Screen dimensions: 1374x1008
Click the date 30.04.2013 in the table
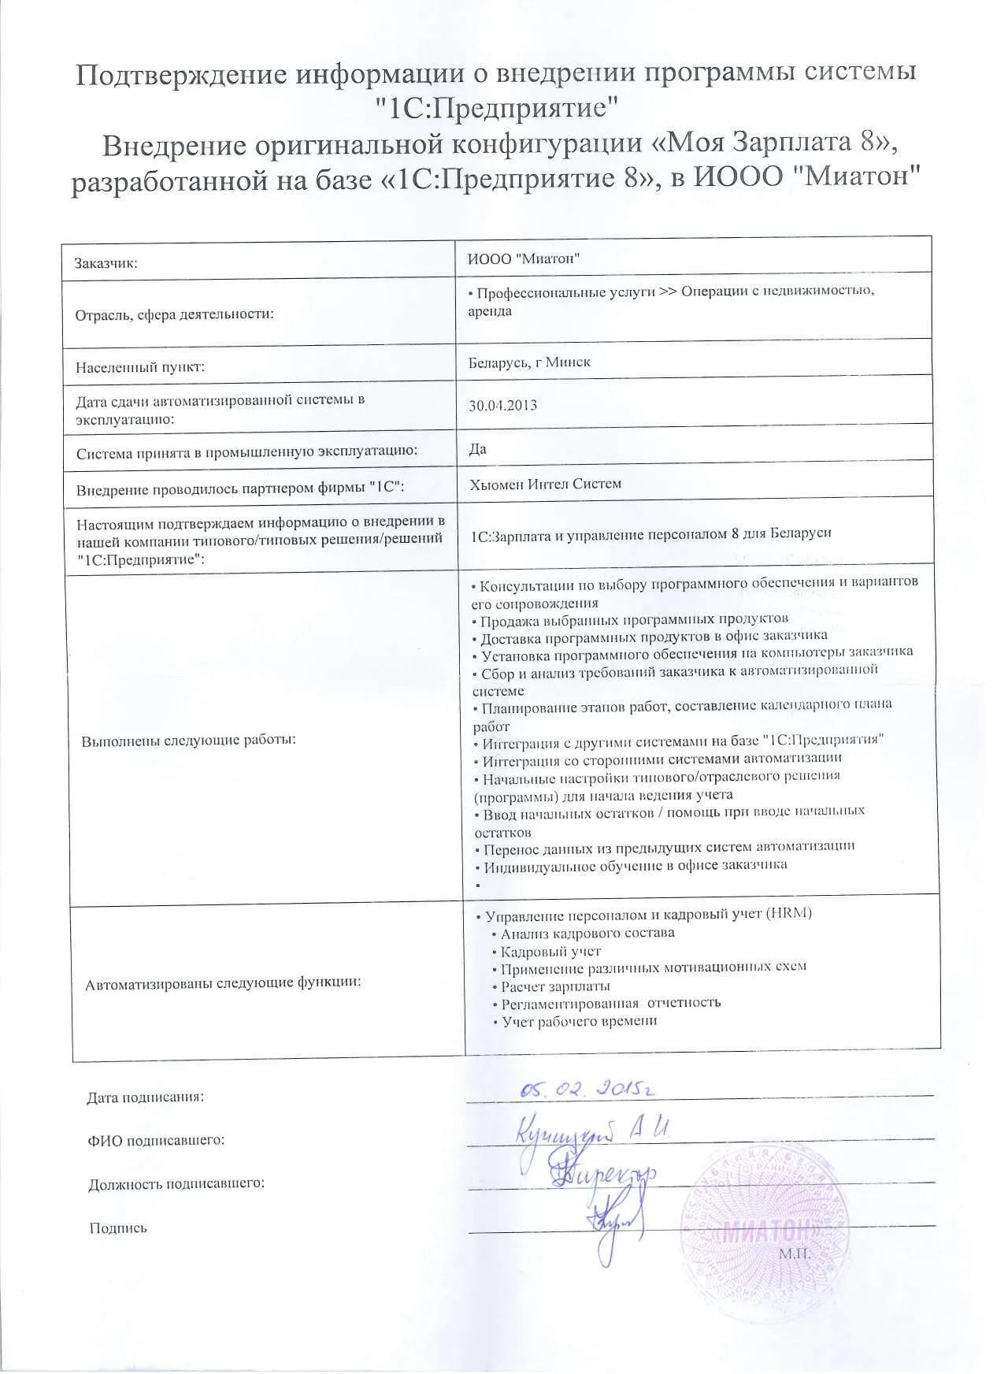coord(502,406)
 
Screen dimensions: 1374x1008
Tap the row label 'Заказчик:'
coord(106,263)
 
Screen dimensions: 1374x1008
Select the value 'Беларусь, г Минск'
coord(528,362)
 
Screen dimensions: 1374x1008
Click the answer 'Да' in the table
coord(477,449)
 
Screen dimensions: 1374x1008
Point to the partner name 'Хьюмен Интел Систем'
coord(545,484)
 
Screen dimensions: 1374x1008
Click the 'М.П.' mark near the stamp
coord(795,1253)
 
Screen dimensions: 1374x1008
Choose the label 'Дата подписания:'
coord(146,1097)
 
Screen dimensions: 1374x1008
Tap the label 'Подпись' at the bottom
coord(118,1228)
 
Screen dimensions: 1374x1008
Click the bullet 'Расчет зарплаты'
coord(555,986)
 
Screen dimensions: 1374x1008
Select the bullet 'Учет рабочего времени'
coord(580,1021)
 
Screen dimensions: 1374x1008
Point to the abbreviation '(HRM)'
coord(788,914)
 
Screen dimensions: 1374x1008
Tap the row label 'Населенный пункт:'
coord(140,367)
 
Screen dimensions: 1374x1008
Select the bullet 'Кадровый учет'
coord(550,951)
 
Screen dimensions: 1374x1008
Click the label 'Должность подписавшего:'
coord(176,1184)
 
